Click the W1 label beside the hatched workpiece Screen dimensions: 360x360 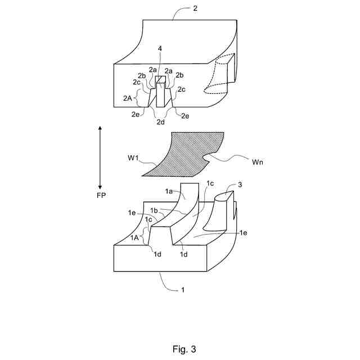pos(133,158)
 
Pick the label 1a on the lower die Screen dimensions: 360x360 pos(169,192)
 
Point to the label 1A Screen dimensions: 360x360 pos(135,238)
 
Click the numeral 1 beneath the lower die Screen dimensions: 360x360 pos(182,291)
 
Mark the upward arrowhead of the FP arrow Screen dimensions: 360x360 pos(100,129)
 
